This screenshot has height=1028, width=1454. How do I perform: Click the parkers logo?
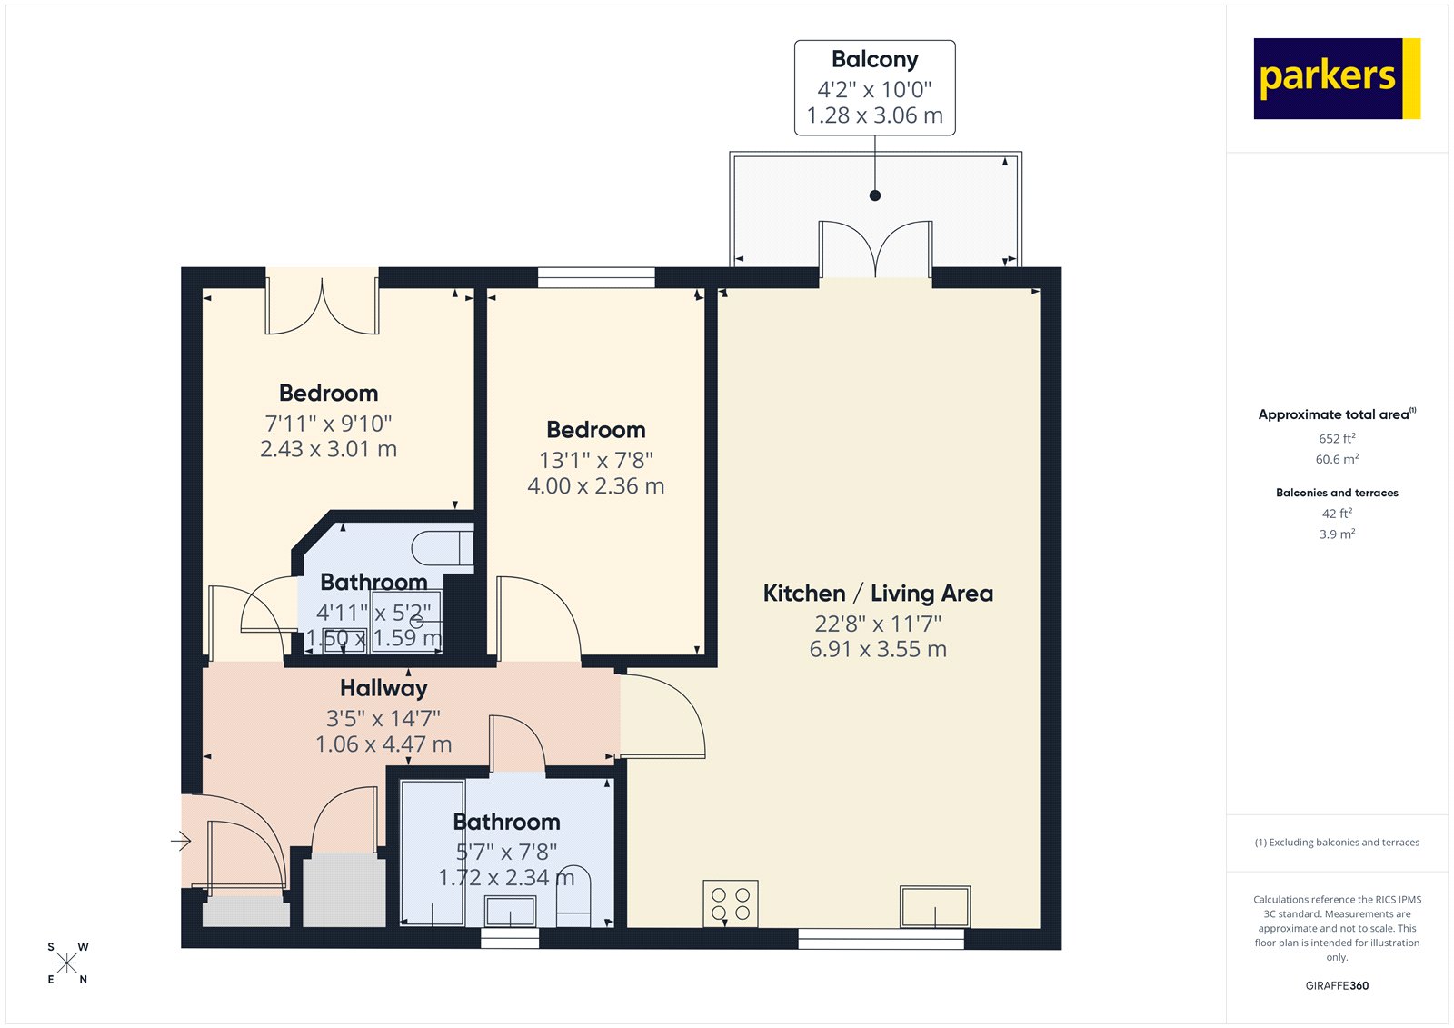[1336, 78]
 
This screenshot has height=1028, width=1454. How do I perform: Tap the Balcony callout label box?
[874, 87]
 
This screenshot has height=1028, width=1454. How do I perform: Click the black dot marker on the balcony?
[875, 195]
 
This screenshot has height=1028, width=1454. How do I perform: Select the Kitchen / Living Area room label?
[877, 594]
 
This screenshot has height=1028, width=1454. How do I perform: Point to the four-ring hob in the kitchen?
[731, 903]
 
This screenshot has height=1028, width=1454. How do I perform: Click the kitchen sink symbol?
[934, 906]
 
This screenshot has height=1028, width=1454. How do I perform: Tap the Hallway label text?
[383, 688]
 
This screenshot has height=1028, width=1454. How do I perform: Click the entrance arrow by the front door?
[181, 841]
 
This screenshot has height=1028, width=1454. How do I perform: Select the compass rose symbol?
[67, 963]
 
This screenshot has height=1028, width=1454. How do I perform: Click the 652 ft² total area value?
[1337, 438]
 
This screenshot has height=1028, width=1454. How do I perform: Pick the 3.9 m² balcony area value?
[1337, 534]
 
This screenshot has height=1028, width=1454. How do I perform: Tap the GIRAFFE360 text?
[1337, 985]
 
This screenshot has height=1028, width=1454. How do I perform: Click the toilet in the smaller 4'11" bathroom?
[443, 549]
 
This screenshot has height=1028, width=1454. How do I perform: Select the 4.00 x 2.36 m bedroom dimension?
[595, 486]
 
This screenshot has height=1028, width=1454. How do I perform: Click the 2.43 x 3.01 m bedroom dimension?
[328, 449]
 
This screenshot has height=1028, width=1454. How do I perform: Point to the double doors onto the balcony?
[875, 250]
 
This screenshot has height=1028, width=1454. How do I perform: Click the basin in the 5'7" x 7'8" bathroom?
[510, 910]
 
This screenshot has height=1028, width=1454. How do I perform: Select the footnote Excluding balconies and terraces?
[1337, 843]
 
